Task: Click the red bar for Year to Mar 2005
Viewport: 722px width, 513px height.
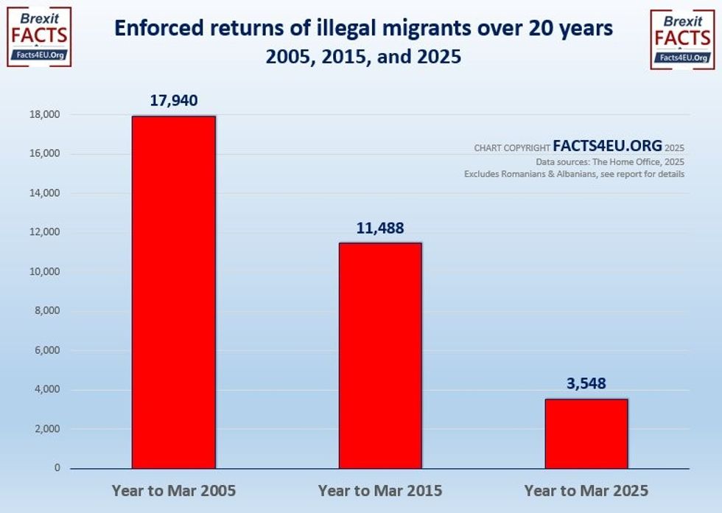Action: (x=174, y=292)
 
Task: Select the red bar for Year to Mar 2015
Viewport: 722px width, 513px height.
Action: (x=380, y=355)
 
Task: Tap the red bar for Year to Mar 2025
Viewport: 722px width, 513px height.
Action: (x=586, y=433)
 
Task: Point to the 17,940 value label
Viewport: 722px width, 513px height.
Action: (x=173, y=100)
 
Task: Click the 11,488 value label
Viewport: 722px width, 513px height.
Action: (x=380, y=228)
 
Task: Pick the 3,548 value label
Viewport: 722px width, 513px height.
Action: (x=586, y=383)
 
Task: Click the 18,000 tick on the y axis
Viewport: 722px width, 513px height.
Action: (x=45, y=115)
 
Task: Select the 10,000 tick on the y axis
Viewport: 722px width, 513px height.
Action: (x=45, y=272)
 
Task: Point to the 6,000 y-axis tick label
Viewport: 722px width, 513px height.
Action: (x=47, y=350)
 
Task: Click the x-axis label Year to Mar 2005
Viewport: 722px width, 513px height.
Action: (x=174, y=490)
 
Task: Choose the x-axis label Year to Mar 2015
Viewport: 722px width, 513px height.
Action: (x=380, y=490)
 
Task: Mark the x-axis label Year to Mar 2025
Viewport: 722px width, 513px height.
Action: (x=586, y=490)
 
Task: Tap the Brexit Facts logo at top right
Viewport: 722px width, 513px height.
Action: (x=682, y=39)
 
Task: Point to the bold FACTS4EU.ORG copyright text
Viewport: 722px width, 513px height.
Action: (x=608, y=147)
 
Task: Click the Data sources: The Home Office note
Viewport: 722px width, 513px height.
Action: (x=610, y=161)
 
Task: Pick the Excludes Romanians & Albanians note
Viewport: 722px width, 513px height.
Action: (x=574, y=174)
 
